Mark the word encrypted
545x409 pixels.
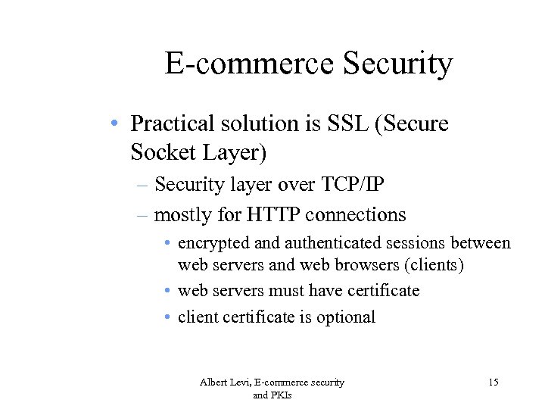point(213,244)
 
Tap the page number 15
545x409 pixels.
point(493,382)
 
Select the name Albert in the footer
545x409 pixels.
point(214,382)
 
